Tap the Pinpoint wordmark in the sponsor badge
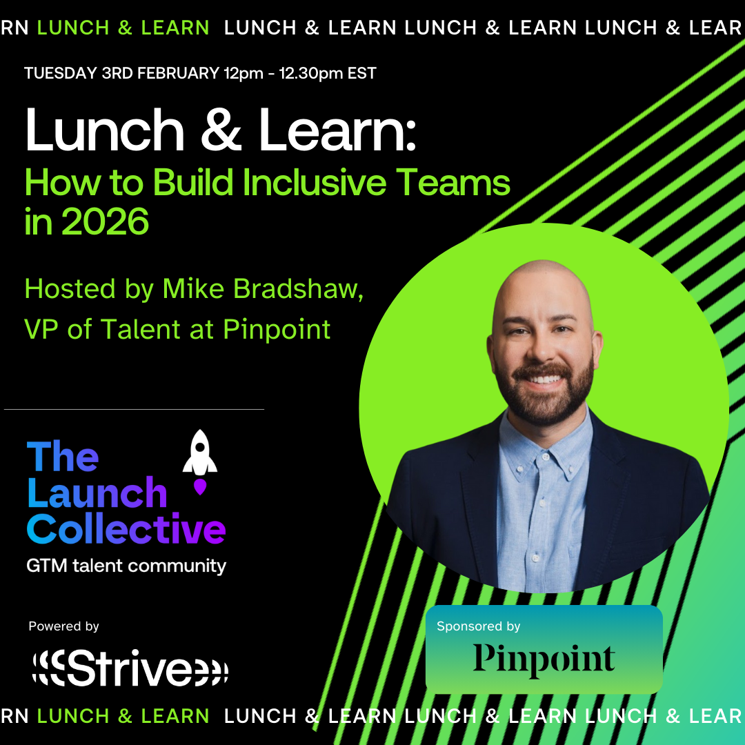(544, 659)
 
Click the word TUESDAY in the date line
(59, 73)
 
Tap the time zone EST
(362, 73)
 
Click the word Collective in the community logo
(126, 530)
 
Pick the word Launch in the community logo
(97, 493)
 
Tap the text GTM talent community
(126, 566)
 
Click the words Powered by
(64, 626)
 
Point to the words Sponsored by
(479, 626)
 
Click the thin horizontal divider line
(135, 410)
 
